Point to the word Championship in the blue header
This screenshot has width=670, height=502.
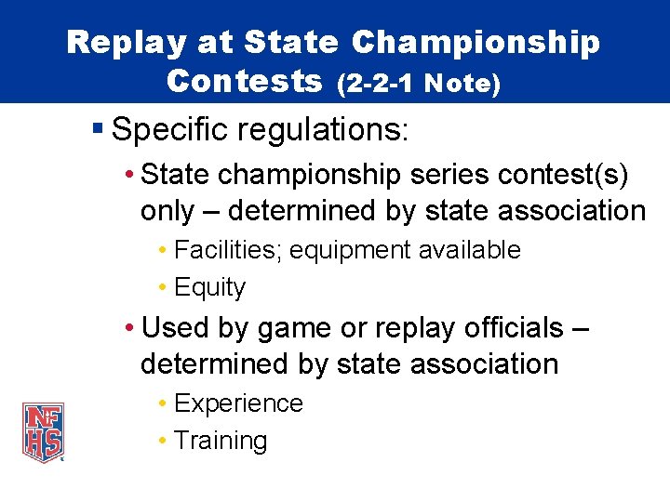(x=476, y=42)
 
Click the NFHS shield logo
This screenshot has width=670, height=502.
(x=44, y=432)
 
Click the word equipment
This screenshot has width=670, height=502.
(x=359, y=250)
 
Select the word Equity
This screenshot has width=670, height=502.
(x=210, y=288)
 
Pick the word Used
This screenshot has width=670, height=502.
(x=175, y=327)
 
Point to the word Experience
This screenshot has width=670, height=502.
(x=238, y=403)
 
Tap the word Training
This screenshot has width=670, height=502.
(x=221, y=441)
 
